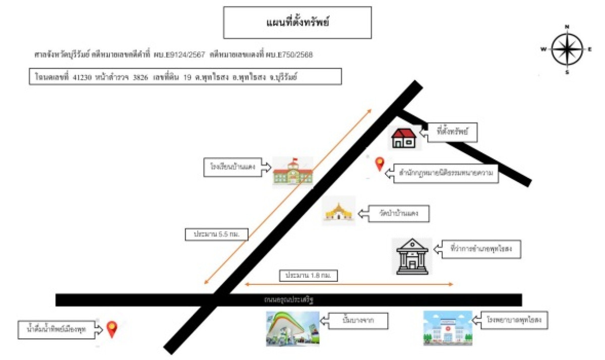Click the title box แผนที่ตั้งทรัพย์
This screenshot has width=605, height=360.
[x=297, y=23]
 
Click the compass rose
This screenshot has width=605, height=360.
[x=567, y=49]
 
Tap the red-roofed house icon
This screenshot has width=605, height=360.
[x=404, y=138]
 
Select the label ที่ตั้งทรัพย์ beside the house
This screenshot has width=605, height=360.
[x=452, y=133]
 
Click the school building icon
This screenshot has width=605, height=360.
[x=293, y=172]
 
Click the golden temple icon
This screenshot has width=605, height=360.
[x=339, y=212]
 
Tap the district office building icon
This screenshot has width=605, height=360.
[x=412, y=256]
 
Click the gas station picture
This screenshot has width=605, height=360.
[x=293, y=329]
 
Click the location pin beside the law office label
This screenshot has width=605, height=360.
[x=379, y=164]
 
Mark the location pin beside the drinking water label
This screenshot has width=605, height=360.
[x=111, y=329]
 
